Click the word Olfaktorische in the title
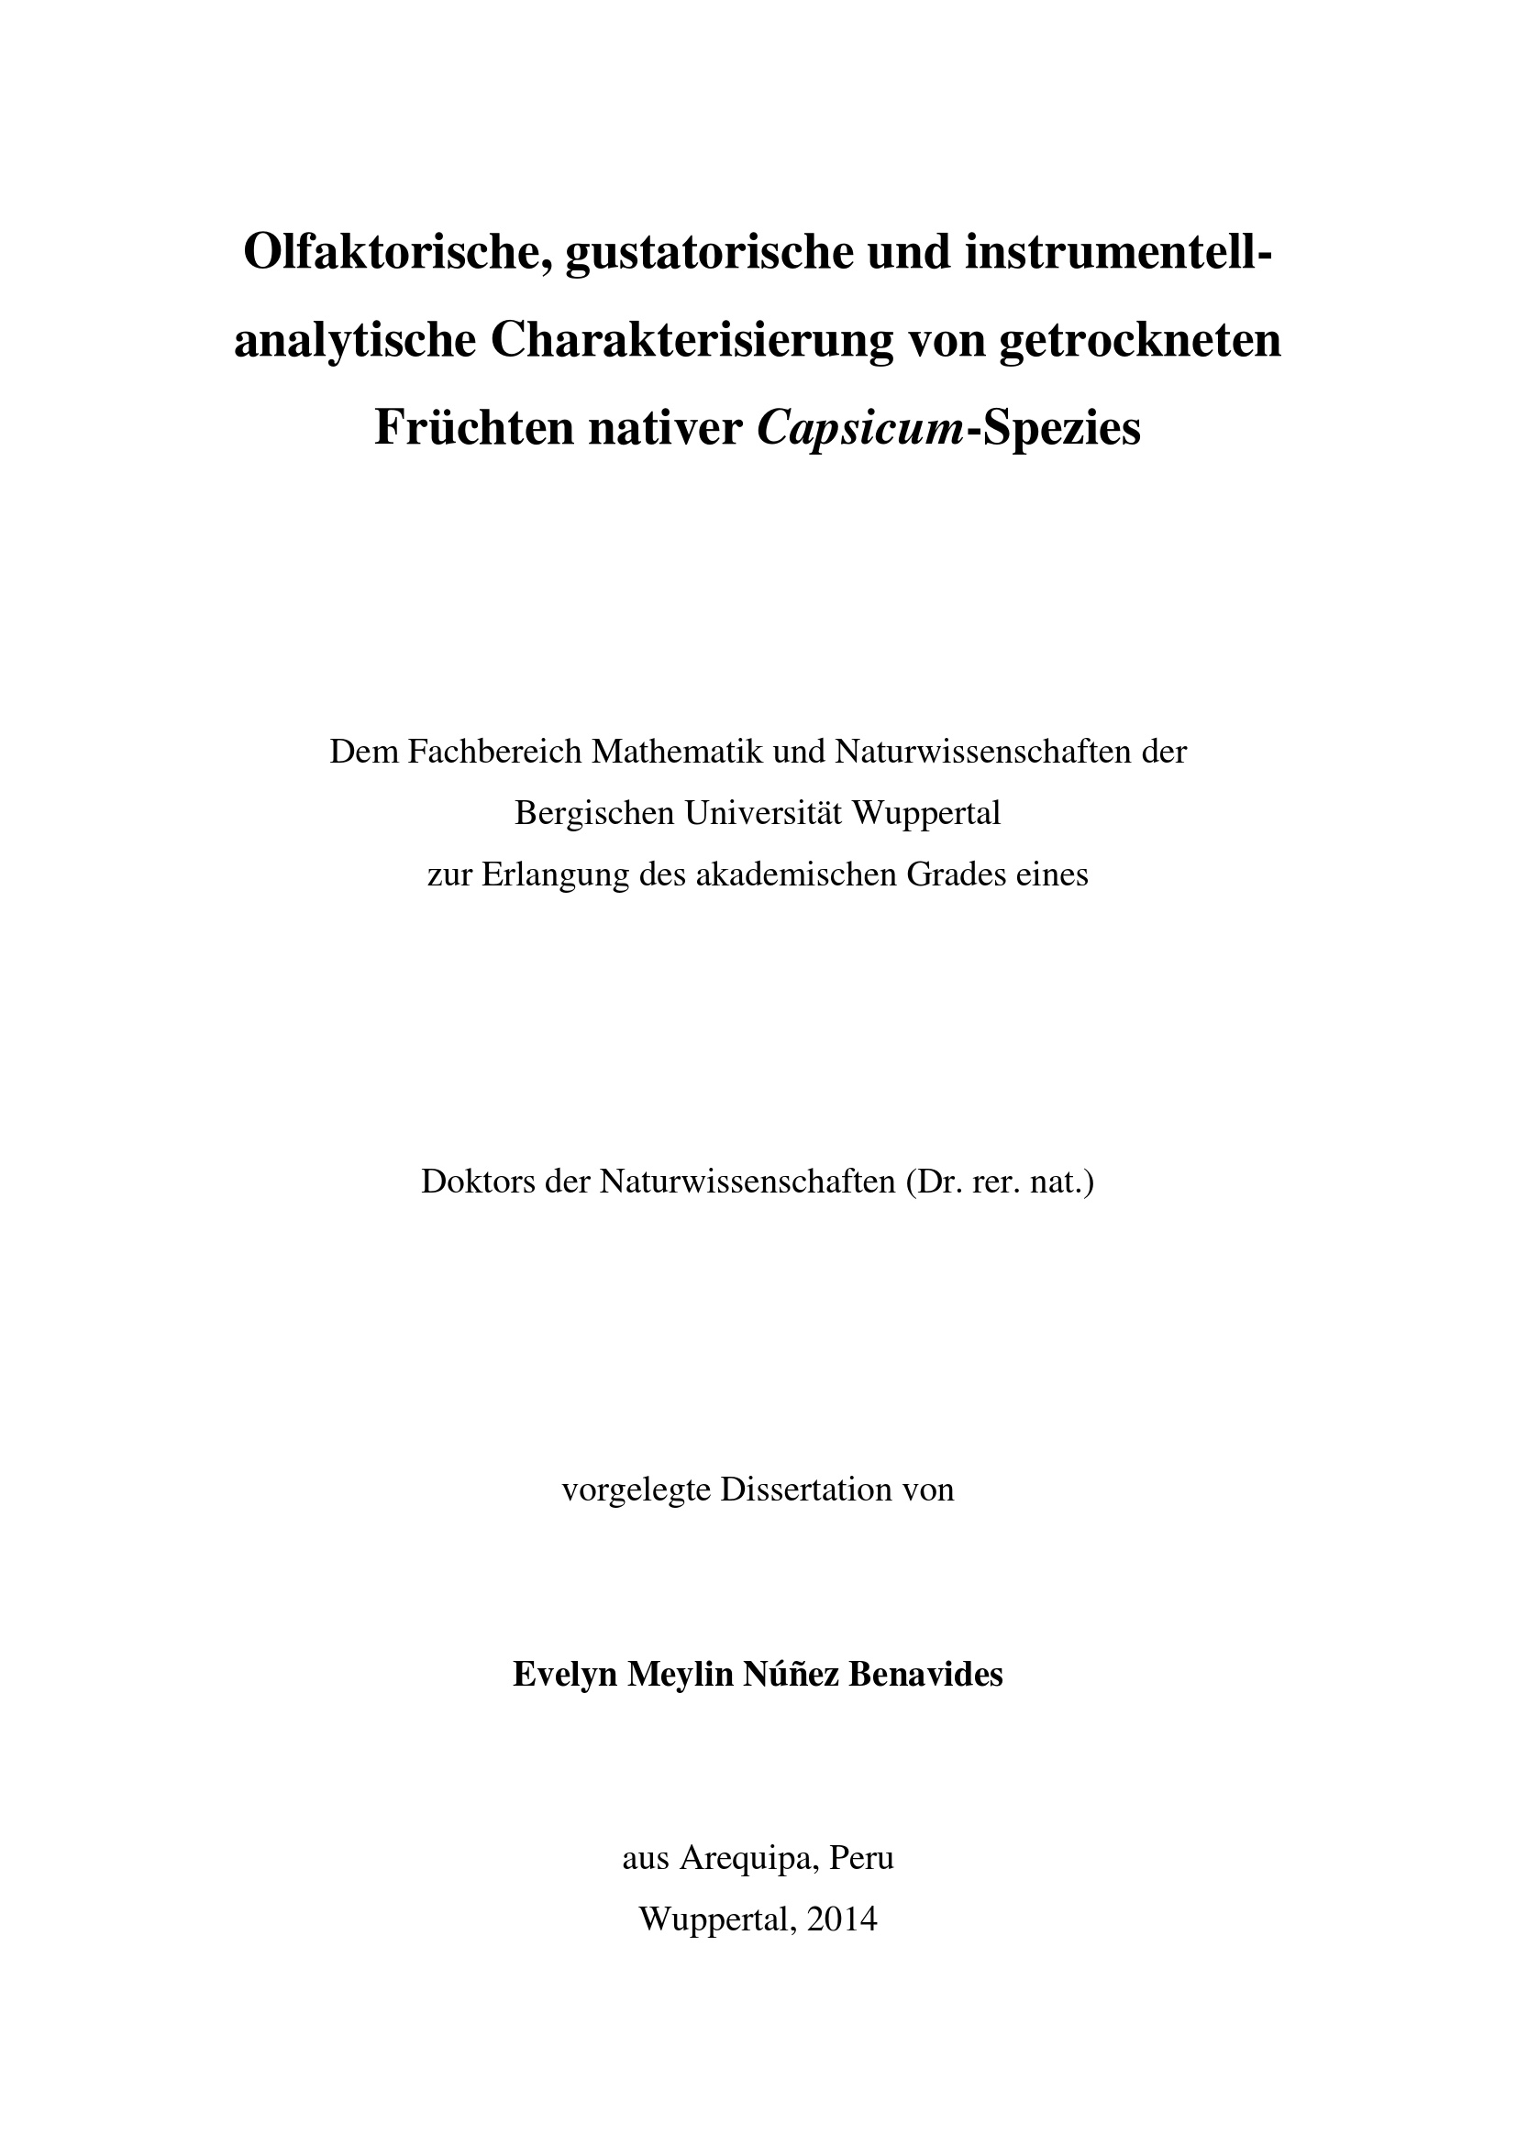(395, 253)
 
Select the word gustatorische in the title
(709, 253)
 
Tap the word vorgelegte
(637, 1490)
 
